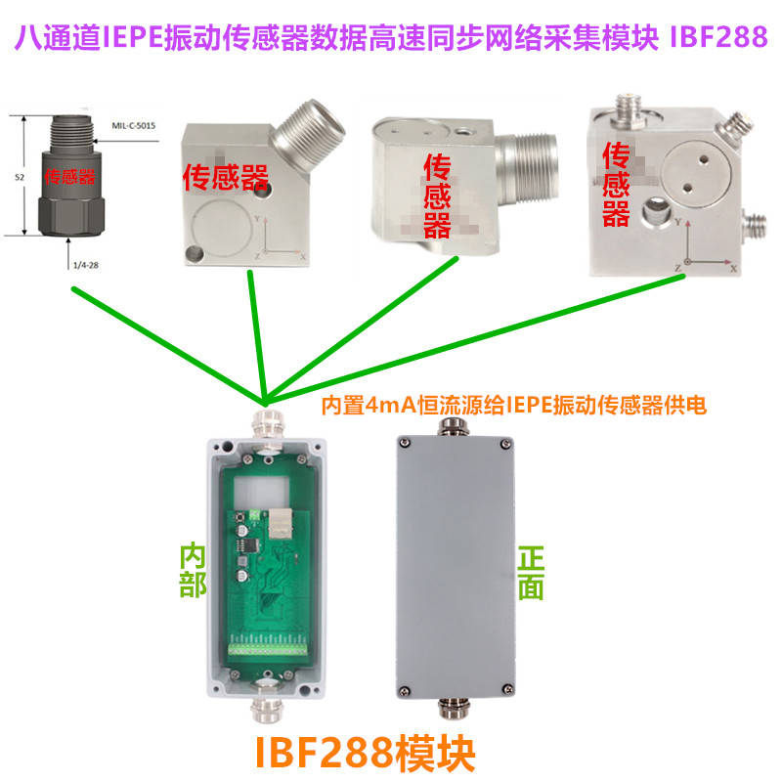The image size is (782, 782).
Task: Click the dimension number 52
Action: (x=21, y=177)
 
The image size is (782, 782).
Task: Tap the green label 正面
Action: (x=530, y=572)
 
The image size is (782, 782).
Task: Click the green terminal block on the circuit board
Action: (x=269, y=649)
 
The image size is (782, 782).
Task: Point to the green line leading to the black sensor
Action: (x=166, y=342)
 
